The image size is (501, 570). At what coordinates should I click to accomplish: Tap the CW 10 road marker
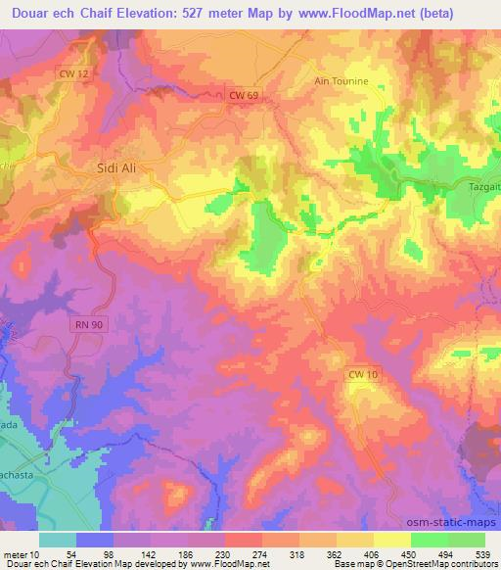click(361, 374)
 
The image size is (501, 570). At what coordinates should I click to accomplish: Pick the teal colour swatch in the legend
click(58, 540)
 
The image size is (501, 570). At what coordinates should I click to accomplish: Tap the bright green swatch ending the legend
click(467, 540)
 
